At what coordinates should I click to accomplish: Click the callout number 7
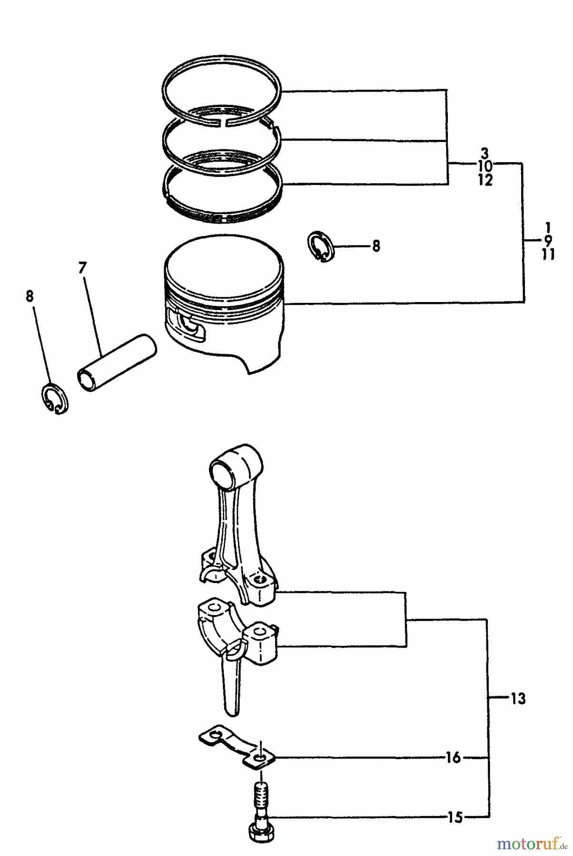coord(83,268)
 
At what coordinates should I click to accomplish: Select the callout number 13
coord(518,699)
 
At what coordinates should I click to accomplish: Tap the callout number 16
coord(454,757)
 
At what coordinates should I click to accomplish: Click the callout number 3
coord(484,153)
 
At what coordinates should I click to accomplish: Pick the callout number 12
coord(485,180)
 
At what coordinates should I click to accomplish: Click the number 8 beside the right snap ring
coord(376,246)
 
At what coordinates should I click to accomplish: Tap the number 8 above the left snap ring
coord(30,297)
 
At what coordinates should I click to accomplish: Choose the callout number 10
coord(485,166)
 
